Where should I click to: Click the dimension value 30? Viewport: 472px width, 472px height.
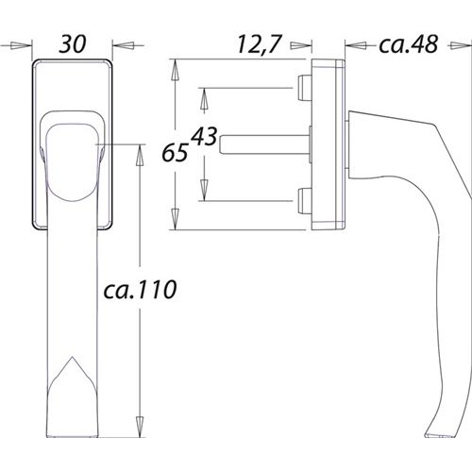click(73, 43)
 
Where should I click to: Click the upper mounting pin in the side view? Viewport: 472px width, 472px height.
click(303, 90)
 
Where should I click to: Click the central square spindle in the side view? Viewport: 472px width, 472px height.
click(264, 144)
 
